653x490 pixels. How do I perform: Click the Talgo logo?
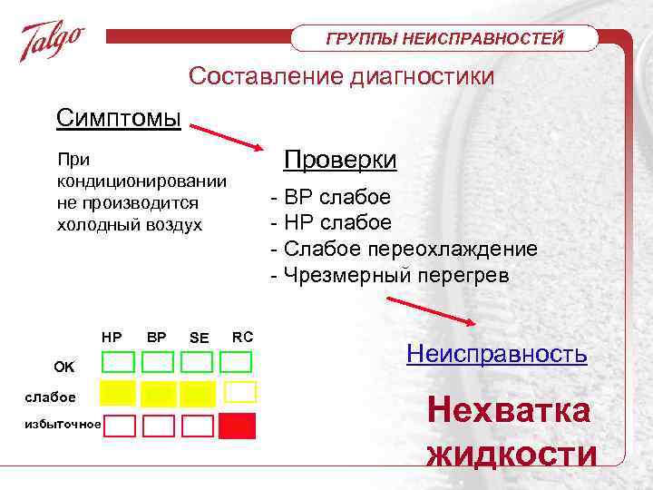click(53, 41)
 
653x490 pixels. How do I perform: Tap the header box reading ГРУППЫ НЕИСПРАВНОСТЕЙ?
click(444, 38)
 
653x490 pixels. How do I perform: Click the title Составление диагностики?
click(341, 76)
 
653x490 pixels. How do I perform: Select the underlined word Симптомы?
click(118, 119)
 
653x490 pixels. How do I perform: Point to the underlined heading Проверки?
click(340, 160)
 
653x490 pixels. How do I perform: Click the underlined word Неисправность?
click(496, 353)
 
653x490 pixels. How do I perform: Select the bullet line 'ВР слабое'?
click(331, 198)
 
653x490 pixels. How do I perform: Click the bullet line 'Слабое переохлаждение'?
click(404, 249)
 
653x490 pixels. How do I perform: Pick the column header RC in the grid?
click(242, 337)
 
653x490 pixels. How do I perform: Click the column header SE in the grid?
click(199, 338)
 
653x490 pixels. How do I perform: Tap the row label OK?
click(64, 367)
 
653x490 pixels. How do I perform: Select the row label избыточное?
click(63, 424)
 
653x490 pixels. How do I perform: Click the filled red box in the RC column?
click(238, 426)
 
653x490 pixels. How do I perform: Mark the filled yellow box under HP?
click(118, 393)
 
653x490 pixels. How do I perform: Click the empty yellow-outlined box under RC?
click(239, 392)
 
